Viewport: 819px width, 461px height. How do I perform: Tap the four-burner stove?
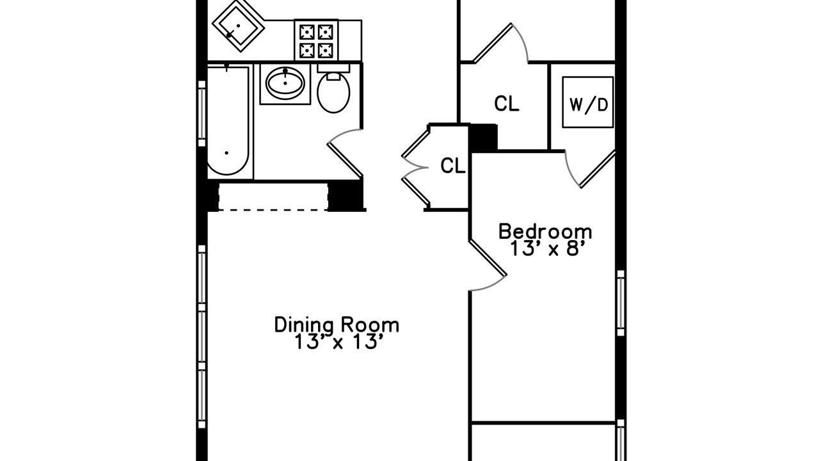[x=316, y=40]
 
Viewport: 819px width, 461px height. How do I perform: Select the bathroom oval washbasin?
[x=285, y=83]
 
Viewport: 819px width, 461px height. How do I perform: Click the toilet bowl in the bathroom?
[x=333, y=92]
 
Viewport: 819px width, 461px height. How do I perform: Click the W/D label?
[x=589, y=105]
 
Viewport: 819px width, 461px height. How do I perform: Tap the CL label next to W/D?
[x=506, y=104]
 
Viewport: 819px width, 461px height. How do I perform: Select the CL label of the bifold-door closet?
[x=452, y=165]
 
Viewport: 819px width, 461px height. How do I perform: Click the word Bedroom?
[x=545, y=232]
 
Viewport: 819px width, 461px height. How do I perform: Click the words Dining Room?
[x=337, y=325]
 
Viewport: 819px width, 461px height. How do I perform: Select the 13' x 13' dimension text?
[x=339, y=342]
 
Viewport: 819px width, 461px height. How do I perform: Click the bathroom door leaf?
[x=345, y=161]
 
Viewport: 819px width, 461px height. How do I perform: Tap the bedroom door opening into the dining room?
[x=488, y=257]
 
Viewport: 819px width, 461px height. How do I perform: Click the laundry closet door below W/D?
[x=598, y=169]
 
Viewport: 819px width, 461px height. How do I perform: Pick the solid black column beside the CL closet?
[x=483, y=138]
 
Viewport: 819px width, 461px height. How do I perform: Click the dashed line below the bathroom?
[x=273, y=210]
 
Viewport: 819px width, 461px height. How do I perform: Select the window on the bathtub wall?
[x=202, y=113]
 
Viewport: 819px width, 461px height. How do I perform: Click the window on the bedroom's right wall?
[x=621, y=303]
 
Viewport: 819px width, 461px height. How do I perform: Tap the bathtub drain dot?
[x=227, y=153]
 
